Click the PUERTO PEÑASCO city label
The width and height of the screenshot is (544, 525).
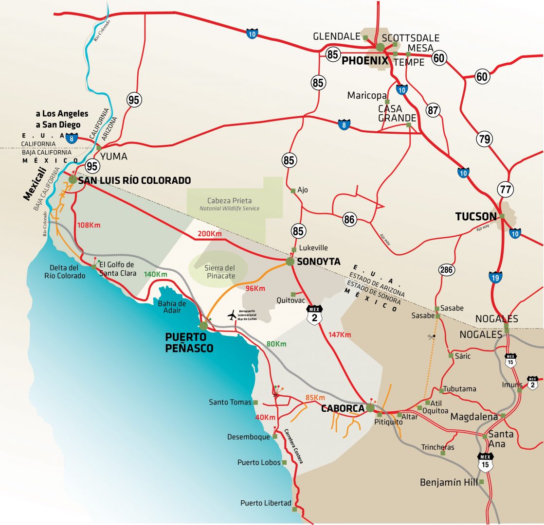click(x=185, y=342)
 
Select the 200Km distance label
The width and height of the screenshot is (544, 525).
click(x=209, y=234)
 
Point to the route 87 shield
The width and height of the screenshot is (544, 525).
click(x=433, y=109)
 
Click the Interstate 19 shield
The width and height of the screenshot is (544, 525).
click(x=495, y=278)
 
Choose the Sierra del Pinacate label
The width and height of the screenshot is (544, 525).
click(x=219, y=272)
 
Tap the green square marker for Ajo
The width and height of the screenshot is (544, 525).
click(x=293, y=191)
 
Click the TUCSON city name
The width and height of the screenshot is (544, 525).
click(x=475, y=217)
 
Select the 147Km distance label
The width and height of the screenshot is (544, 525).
click(x=340, y=334)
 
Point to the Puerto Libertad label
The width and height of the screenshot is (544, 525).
click(x=266, y=503)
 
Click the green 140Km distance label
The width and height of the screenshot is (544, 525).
click(x=155, y=274)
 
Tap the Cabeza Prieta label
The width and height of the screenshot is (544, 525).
click(x=229, y=201)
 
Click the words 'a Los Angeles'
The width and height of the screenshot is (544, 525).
click(x=62, y=114)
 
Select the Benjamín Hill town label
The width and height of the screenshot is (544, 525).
click(x=448, y=483)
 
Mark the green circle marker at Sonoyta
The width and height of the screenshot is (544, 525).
click(x=290, y=262)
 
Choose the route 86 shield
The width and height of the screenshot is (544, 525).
click(x=349, y=219)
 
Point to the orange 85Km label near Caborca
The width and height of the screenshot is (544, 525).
click(x=315, y=397)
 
